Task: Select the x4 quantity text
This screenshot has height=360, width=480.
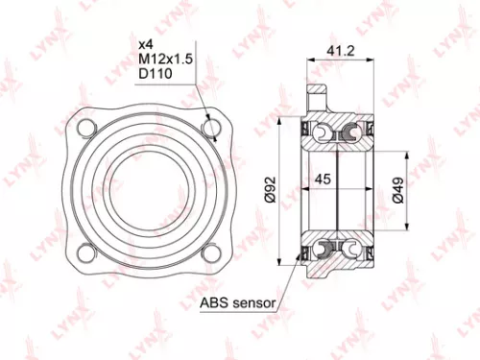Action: coord(145,45)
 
